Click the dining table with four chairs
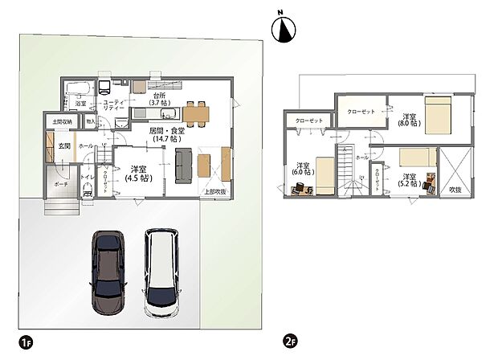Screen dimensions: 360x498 pyautogui.click(x=197, y=112)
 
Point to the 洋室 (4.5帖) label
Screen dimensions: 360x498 pyautogui.click(x=137, y=174)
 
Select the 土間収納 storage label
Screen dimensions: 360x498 pyautogui.click(x=62, y=122)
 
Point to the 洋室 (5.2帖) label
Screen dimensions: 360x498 pyautogui.click(x=409, y=181)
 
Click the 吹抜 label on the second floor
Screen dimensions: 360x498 pyautogui.click(x=456, y=189)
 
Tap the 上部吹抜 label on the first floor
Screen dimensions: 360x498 pyautogui.click(x=214, y=191)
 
